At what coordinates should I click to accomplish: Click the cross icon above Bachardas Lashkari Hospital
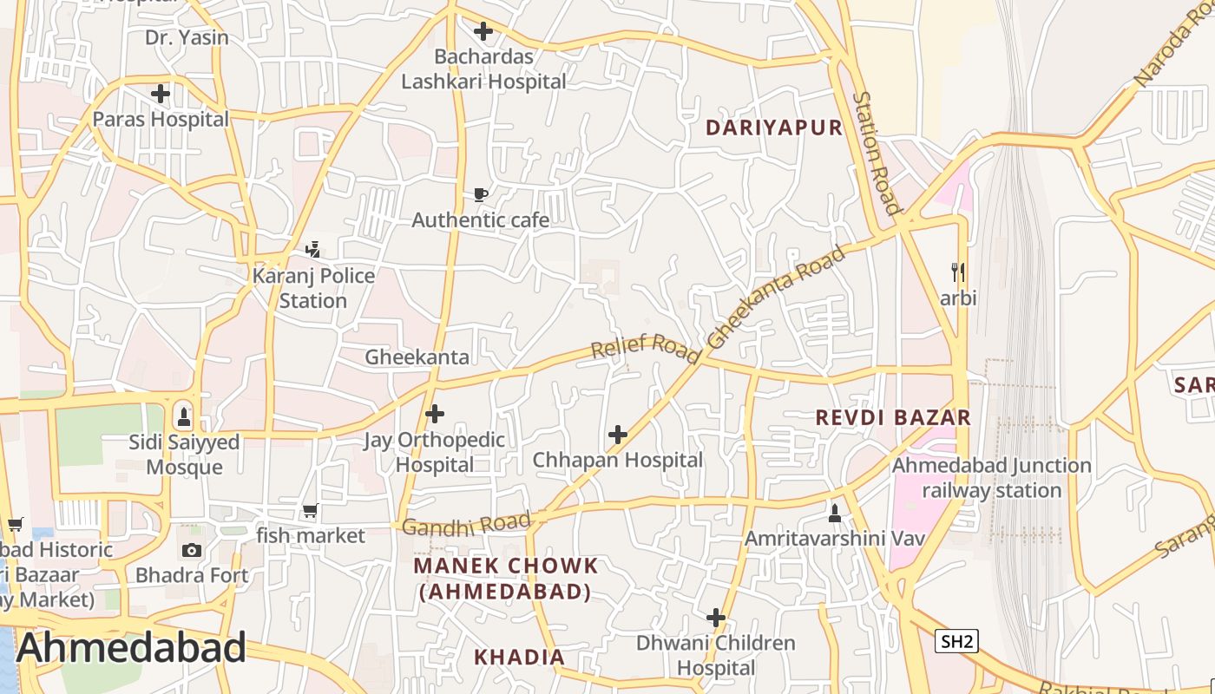[483, 32]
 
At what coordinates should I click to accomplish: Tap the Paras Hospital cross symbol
[161, 94]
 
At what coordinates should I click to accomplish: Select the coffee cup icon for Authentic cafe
[481, 195]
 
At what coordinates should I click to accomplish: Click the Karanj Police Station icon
[313, 250]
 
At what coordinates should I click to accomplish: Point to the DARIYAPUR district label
[774, 128]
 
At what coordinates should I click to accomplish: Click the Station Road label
[877, 153]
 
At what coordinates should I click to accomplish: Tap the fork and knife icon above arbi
[958, 272]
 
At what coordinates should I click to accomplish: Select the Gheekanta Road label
[776, 298]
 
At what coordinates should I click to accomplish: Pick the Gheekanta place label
[417, 357]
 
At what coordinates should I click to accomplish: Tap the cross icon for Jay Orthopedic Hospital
[435, 415]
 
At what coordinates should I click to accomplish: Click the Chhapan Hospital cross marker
[618, 435]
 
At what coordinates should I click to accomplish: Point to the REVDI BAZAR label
[893, 417]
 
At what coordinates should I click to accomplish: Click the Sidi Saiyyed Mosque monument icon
[183, 416]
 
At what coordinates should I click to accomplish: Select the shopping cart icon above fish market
[311, 511]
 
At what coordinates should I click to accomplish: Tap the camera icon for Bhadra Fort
[192, 550]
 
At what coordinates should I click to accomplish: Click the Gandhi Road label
[466, 524]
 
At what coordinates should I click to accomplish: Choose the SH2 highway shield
[957, 641]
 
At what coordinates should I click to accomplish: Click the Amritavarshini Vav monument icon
[835, 513]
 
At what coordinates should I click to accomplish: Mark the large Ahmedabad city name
[131, 648]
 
